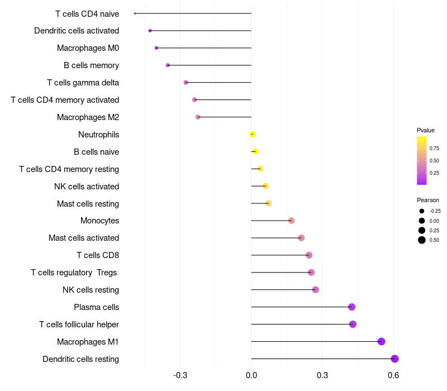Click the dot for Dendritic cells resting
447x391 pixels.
pos(394,359)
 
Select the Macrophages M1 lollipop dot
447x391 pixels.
pos(382,341)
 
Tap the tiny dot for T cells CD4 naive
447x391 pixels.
pos(135,13)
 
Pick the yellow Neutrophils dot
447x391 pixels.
pos(253,134)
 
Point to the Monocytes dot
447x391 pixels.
pos(291,221)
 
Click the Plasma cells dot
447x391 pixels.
pos(352,307)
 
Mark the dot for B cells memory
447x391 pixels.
pos(168,65)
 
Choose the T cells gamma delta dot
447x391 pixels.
pos(186,83)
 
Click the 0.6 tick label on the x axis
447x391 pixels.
pos(393,375)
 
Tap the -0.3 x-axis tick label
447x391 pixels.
pos(180,375)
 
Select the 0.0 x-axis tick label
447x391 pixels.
pos(251,375)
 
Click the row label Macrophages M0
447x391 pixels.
pos(88,48)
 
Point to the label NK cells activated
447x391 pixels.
pos(87,187)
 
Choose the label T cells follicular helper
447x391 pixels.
pos(79,325)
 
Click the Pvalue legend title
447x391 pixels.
pos(426,130)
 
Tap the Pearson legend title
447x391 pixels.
pos(428,200)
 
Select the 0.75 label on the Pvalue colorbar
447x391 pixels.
pos(434,148)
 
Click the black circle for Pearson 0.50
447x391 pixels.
pos(422,240)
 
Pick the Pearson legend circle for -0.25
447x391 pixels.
pos(422,211)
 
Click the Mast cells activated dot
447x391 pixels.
pos(301,238)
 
